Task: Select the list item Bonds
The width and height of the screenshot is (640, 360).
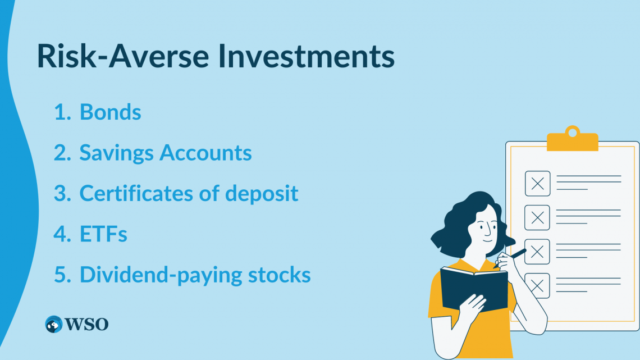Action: [x=110, y=112]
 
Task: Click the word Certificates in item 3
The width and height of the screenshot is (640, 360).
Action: [x=148, y=193]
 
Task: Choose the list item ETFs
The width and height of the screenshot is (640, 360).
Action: [x=103, y=234]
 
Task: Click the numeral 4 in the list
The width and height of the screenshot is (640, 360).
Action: [x=60, y=234]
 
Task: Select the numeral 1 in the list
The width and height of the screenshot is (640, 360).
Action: [x=60, y=112]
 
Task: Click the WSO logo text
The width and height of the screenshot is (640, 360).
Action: [x=86, y=324]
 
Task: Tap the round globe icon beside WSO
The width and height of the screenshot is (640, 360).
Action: [x=54, y=324]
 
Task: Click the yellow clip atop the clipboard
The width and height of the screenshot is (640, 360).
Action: [x=572, y=140]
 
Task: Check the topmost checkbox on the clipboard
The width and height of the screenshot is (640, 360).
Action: [x=537, y=184]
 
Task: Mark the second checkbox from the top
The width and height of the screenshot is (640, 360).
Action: [x=537, y=217]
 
